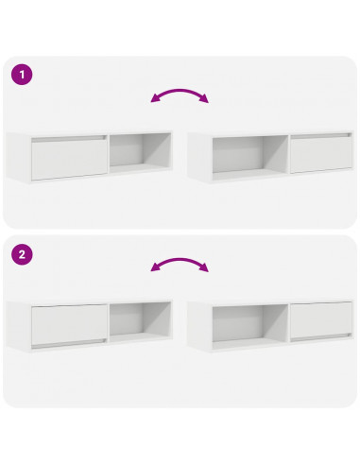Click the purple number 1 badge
point(19,72)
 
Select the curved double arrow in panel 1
point(180,95)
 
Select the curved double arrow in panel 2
point(180,266)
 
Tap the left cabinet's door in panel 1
point(69,158)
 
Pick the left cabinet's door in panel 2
point(69,326)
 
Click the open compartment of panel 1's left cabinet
point(139,151)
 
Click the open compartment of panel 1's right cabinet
point(249,156)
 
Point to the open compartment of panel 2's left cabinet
point(139,321)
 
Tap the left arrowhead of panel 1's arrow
point(155,100)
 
